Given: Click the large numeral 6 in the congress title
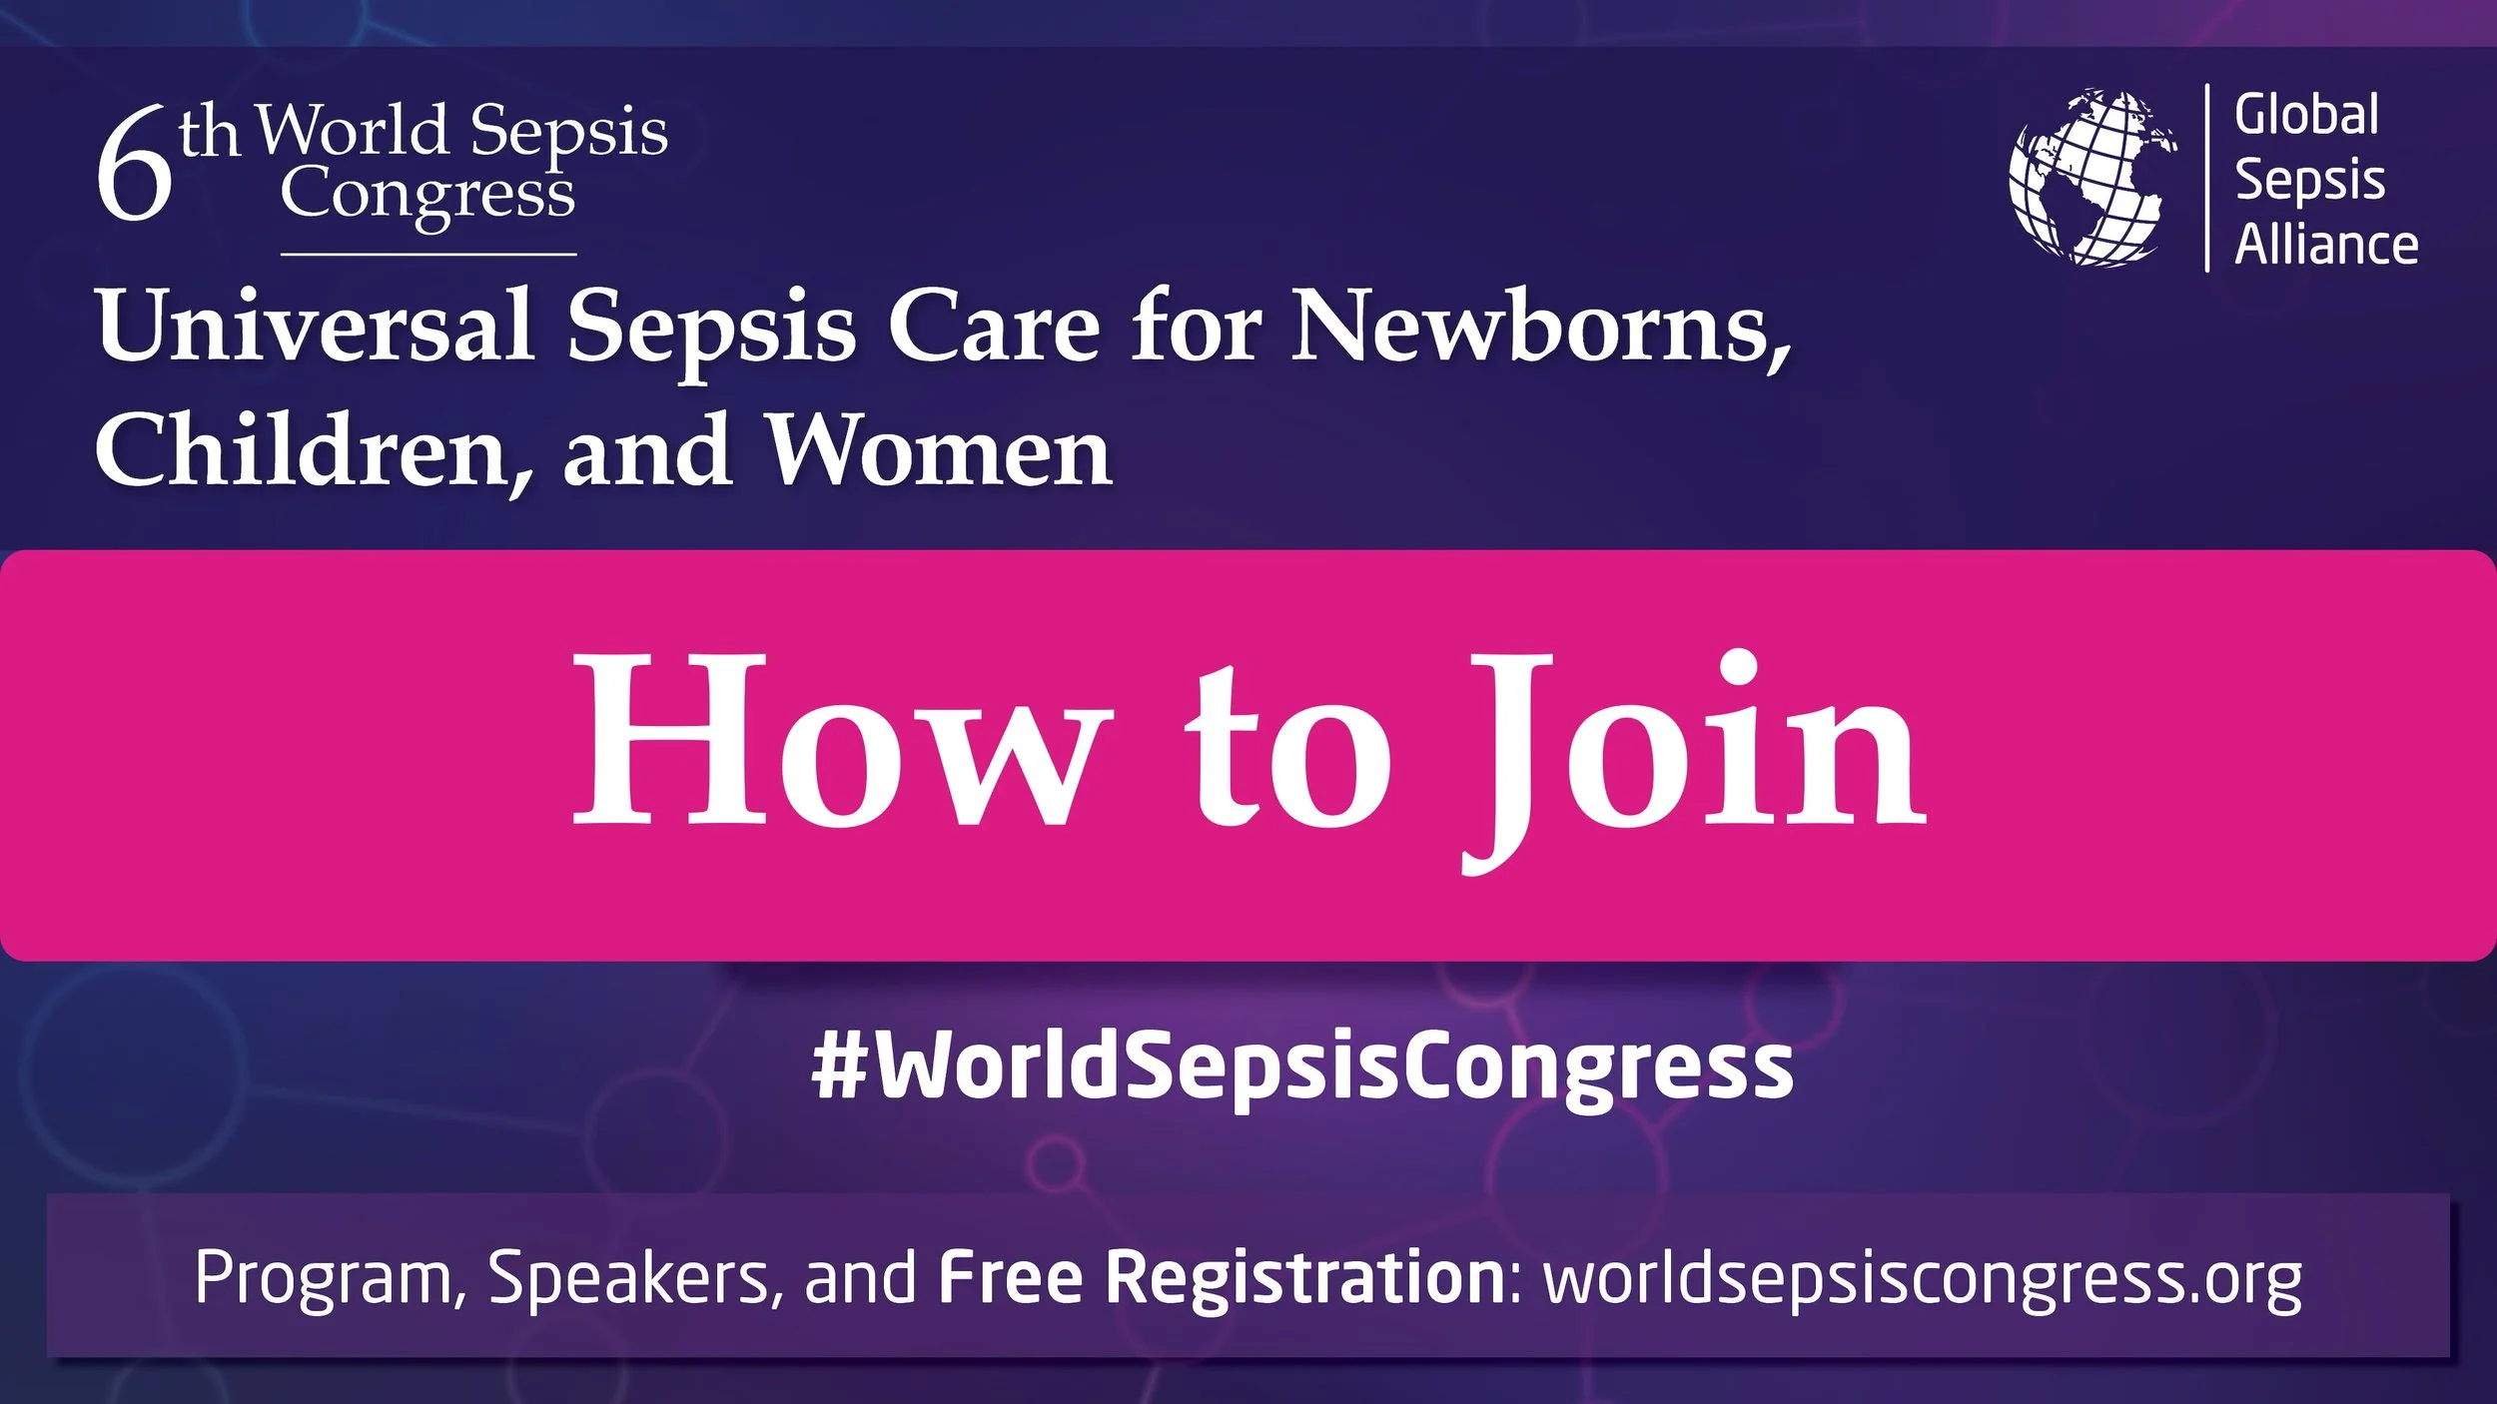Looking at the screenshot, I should coord(134,166).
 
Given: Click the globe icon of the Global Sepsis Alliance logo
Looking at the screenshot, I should coord(2093,178).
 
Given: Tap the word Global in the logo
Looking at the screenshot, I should coord(2306,115).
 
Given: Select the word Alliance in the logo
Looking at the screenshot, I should coord(2325,245).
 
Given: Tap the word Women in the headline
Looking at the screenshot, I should coord(938,451).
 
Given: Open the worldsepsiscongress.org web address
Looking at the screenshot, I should coord(1923,1279).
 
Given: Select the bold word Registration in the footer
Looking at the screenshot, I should coord(1304,1277).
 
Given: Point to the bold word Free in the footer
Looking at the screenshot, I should coord(1011,1277).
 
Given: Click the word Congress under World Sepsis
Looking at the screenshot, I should coord(427,196).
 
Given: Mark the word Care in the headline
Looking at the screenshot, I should coord(994,327).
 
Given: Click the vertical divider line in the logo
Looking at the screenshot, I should coord(2206,178).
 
